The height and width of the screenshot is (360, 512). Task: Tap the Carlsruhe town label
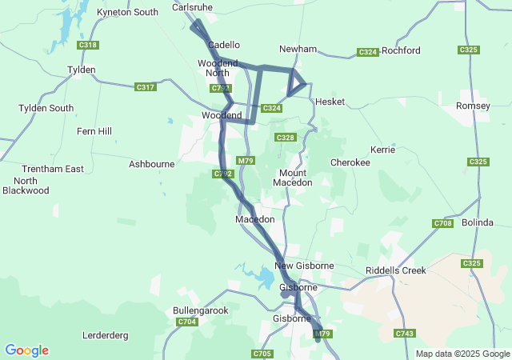192,7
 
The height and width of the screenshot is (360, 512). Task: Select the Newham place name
298,49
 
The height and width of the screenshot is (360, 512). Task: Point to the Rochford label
401,50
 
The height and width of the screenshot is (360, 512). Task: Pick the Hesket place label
330,102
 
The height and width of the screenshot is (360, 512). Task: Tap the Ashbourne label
151,164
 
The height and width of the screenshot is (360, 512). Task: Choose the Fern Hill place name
94,131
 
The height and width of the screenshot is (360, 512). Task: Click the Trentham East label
53,169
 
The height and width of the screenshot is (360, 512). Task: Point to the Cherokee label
350,162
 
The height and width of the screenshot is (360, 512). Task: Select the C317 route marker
146,87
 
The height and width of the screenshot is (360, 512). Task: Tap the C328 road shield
286,138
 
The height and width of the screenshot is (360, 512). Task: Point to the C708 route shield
442,223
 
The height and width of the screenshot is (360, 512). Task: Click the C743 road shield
405,333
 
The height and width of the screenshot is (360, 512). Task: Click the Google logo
26,350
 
